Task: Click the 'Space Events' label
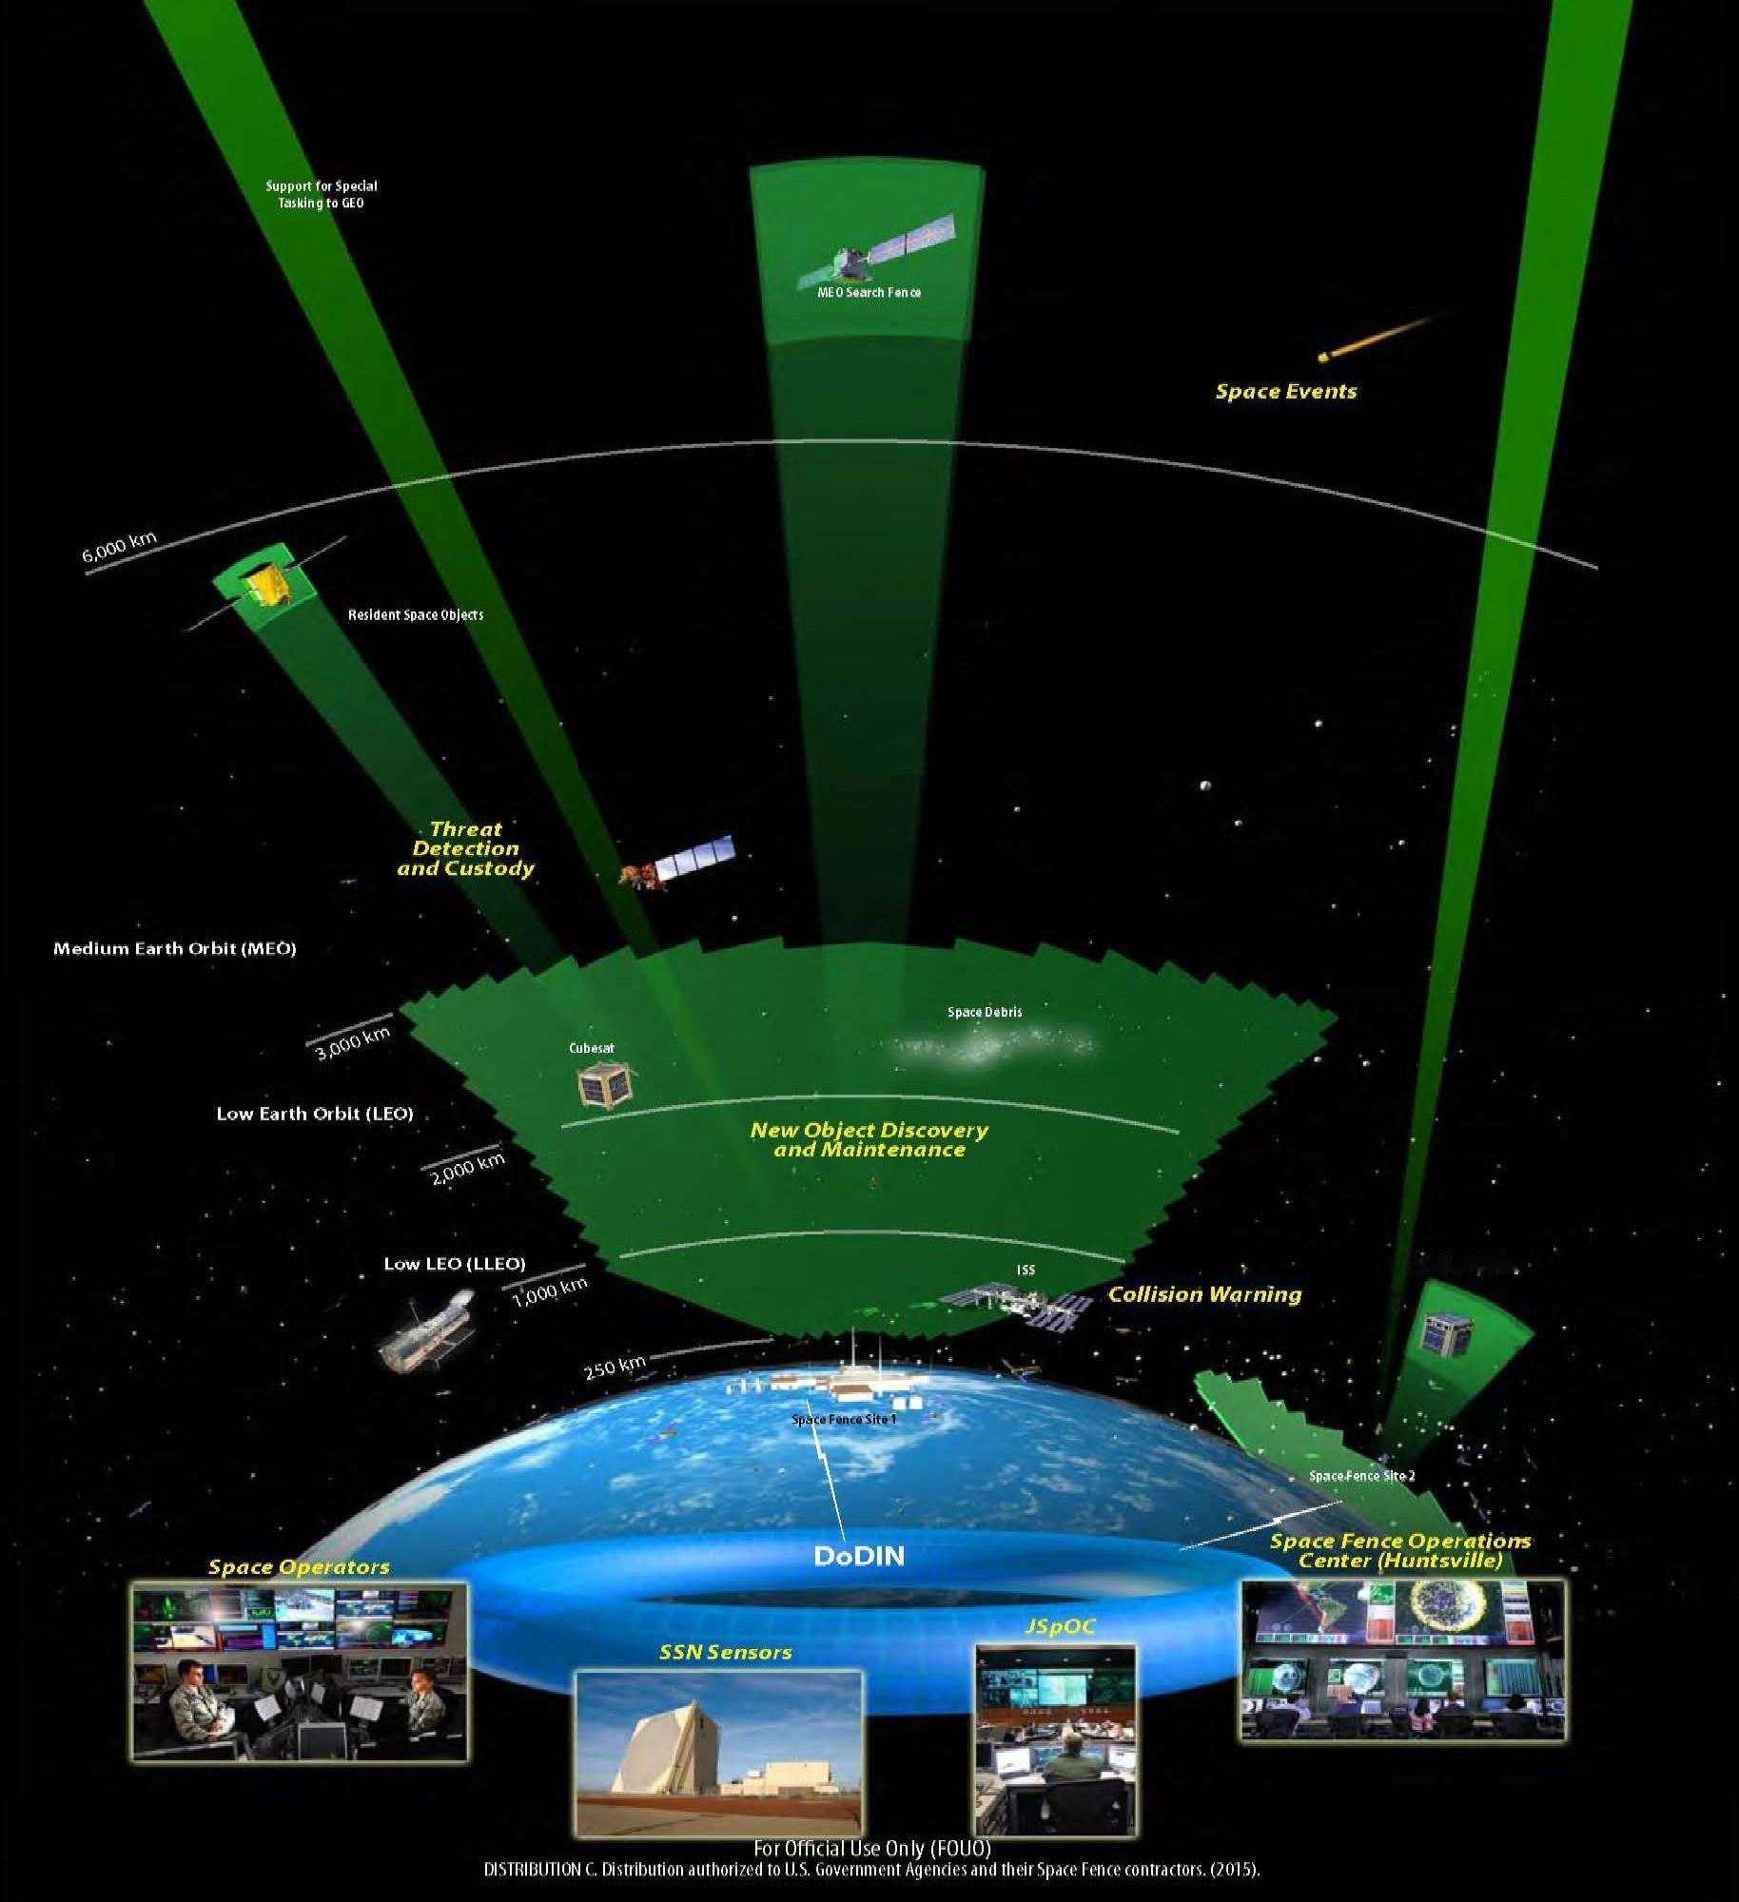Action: click(x=1286, y=391)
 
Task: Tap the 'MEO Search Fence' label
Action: click(x=869, y=292)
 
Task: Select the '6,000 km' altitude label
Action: click(x=120, y=548)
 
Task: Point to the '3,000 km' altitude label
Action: click(x=353, y=1043)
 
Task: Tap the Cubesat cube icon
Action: click(x=607, y=1084)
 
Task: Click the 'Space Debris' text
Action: click(x=985, y=1012)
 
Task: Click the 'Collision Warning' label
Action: click(x=1204, y=1294)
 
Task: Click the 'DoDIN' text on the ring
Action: click(x=859, y=1556)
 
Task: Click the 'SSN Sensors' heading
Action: click(x=725, y=1652)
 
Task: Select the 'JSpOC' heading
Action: click(x=1060, y=1627)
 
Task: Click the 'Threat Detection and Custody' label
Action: click(x=466, y=848)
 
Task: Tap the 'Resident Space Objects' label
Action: click(x=416, y=614)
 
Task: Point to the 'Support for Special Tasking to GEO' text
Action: click(x=322, y=194)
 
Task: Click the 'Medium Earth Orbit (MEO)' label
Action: click(x=175, y=948)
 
